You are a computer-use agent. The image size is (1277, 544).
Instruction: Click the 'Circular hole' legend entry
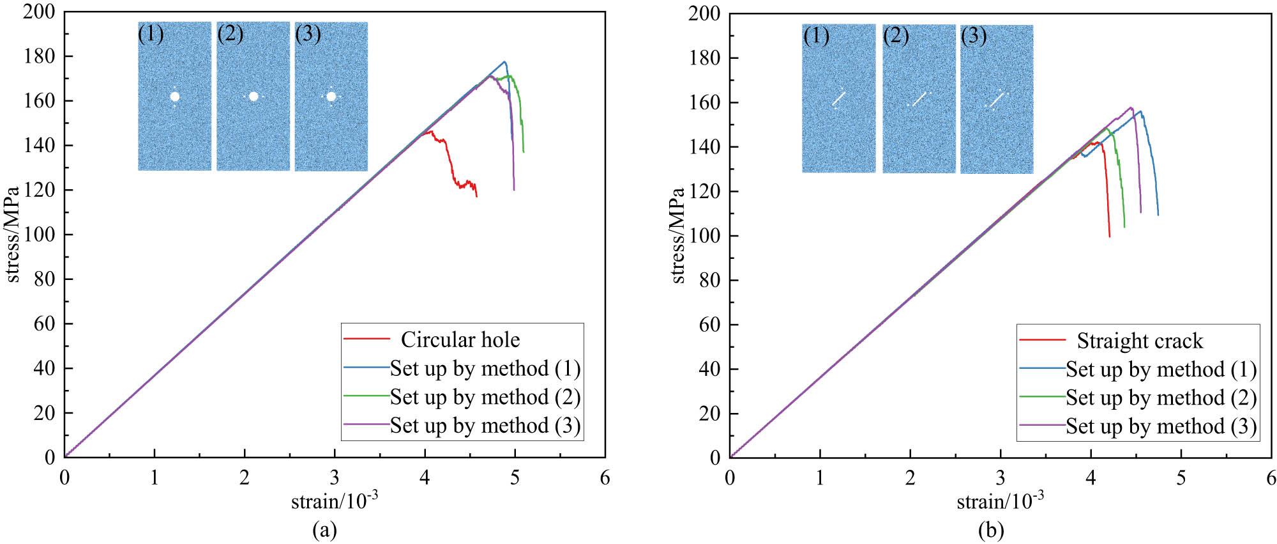(460, 339)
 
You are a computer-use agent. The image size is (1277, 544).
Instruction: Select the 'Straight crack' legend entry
(1139, 341)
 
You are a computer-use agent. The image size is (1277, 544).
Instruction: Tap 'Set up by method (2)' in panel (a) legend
(485, 397)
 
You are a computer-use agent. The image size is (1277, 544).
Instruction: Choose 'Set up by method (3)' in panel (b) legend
(1161, 426)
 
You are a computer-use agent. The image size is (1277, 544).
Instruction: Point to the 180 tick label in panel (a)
(40, 56)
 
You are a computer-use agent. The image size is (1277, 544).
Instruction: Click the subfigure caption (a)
(324, 529)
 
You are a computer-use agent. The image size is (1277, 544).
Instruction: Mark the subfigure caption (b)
(990, 530)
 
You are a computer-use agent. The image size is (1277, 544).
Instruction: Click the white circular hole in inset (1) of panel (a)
(175, 97)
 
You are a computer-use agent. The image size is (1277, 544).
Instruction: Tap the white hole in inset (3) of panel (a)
(331, 97)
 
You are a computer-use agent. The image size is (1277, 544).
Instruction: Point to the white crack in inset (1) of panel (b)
(838, 98)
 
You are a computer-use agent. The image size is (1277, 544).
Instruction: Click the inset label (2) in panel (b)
(896, 36)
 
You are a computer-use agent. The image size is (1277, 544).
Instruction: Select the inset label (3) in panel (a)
(308, 33)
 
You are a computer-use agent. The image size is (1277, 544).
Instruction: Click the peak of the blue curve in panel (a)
(504, 62)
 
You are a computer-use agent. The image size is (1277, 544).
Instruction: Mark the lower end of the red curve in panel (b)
(1110, 237)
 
